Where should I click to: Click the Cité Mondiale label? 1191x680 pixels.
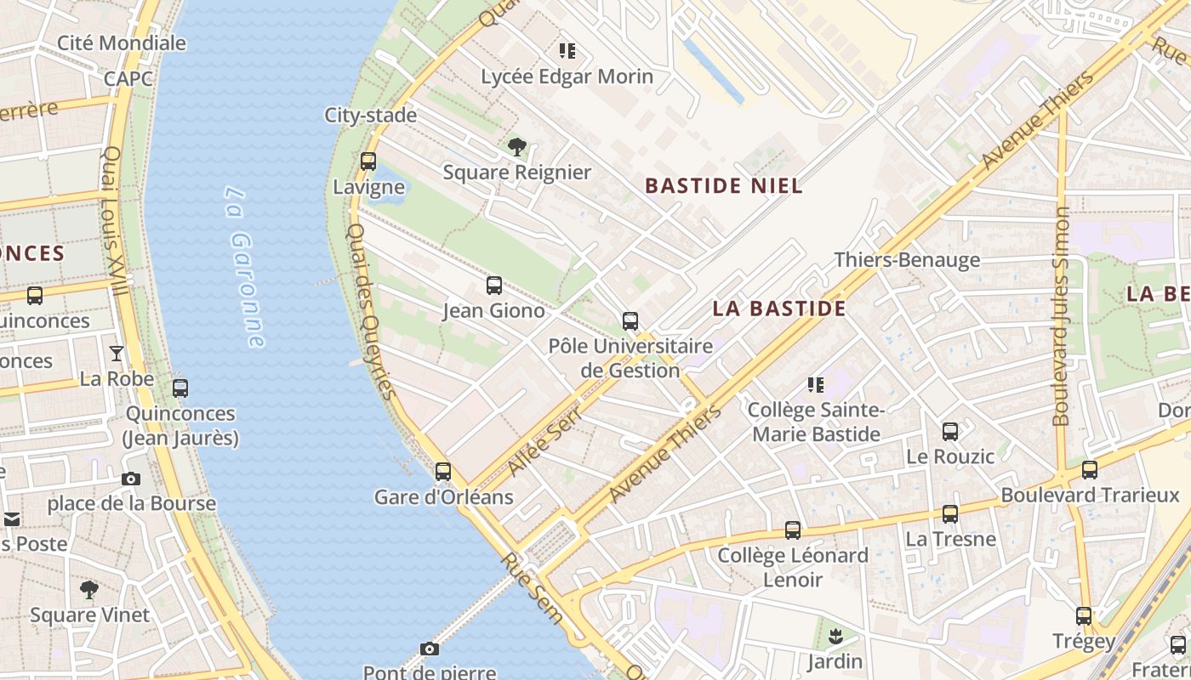tap(122, 42)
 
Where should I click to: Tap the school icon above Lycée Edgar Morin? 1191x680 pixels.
tap(567, 51)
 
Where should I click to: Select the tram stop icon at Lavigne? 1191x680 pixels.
tap(368, 161)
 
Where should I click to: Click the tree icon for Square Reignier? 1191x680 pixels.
tap(516, 147)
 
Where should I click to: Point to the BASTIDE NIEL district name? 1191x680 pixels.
tap(723, 185)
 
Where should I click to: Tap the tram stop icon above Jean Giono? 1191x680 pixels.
tap(494, 286)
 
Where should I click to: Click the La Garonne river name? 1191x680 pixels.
tap(245, 267)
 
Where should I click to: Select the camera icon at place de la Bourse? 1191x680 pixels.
tap(131, 479)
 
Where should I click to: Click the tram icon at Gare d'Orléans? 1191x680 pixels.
tap(443, 471)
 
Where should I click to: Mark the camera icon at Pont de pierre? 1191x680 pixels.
tap(430, 649)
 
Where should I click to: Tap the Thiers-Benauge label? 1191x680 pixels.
tap(907, 260)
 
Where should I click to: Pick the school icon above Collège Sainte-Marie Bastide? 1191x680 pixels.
tap(816, 385)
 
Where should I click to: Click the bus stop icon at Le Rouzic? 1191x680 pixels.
tap(950, 432)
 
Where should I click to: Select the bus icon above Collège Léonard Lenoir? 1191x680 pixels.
tap(793, 530)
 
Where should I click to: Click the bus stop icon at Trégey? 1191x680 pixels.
tap(1084, 616)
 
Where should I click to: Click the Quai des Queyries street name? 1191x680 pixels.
tap(372, 311)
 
